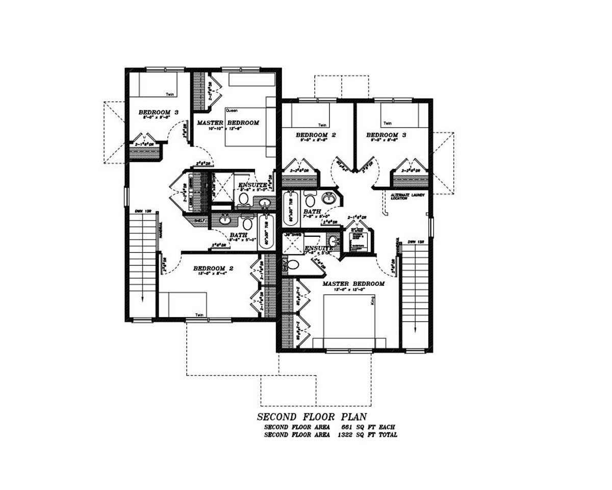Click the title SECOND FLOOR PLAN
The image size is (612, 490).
click(312, 417)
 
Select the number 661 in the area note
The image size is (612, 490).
click(347, 427)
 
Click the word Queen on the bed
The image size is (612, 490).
click(232, 110)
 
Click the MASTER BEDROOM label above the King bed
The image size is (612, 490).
click(353, 284)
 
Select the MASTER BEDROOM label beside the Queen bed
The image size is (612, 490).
click(228, 123)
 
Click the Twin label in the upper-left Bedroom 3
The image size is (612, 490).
click(170, 94)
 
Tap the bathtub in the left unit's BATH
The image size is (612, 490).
click(266, 231)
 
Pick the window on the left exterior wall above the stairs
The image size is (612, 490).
click(125, 197)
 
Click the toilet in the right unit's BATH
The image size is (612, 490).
click(310, 199)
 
